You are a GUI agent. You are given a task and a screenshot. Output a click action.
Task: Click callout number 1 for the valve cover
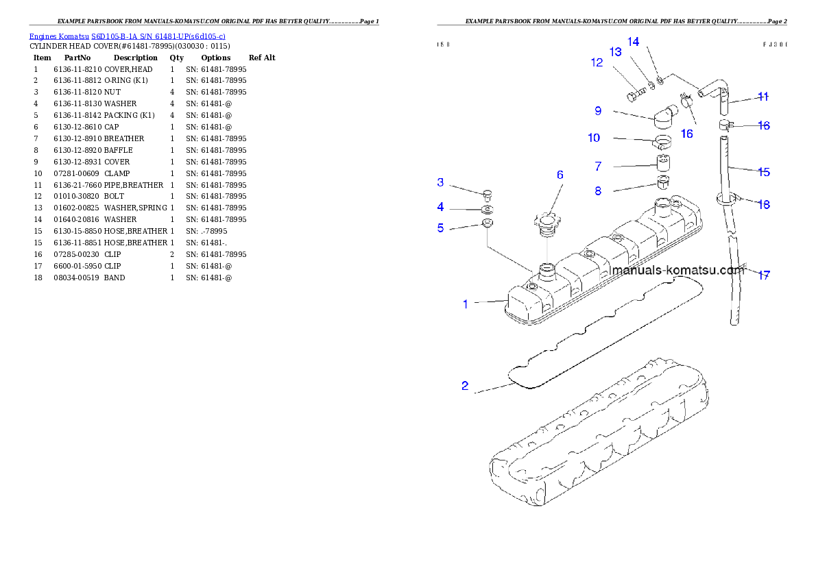(x=466, y=304)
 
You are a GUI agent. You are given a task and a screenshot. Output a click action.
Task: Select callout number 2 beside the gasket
(x=465, y=386)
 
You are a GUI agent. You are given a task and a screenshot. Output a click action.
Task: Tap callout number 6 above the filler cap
(x=560, y=175)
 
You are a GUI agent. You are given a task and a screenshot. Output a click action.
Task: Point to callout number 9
(x=598, y=111)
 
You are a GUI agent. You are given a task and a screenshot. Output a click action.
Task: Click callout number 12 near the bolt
(x=597, y=63)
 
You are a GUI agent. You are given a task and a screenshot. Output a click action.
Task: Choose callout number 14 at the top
(x=634, y=42)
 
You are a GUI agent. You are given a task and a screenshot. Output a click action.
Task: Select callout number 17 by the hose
(x=764, y=275)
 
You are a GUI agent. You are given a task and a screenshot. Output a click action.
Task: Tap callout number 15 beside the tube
(x=764, y=172)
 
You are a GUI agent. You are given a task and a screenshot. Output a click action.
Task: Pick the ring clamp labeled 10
(x=663, y=143)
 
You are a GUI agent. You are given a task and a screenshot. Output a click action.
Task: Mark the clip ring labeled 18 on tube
(x=728, y=199)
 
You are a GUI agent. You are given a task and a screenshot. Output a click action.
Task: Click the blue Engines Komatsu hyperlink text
(x=127, y=36)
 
